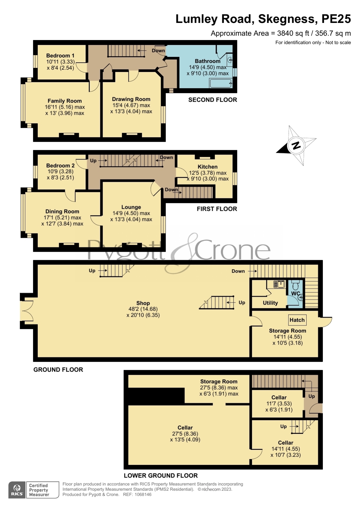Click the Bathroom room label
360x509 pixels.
coord(207,61)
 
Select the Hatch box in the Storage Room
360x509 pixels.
coord(297,320)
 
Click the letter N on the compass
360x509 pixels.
coord(296,145)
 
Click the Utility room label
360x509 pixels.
coord(270,303)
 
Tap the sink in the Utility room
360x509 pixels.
coord(279,284)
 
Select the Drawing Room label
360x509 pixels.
coord(131,99)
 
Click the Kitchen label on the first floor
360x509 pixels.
coord(207,167)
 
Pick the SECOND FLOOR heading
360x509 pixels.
coord(213,100)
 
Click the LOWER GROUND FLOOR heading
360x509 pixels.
coord(161,476)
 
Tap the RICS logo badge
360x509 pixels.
coord(17,490)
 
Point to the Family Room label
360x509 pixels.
coord(65,101)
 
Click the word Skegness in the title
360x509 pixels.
coord(286,19)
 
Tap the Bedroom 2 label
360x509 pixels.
coord(60,166)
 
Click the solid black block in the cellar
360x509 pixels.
coord(156,396)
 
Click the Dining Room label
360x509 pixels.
coord(62,211)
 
